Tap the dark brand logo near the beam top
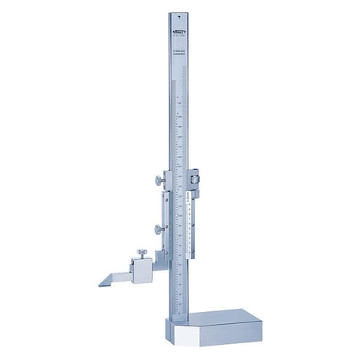[178, 31]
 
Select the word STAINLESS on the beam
[178, 50]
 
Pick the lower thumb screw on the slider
[157, 230]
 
